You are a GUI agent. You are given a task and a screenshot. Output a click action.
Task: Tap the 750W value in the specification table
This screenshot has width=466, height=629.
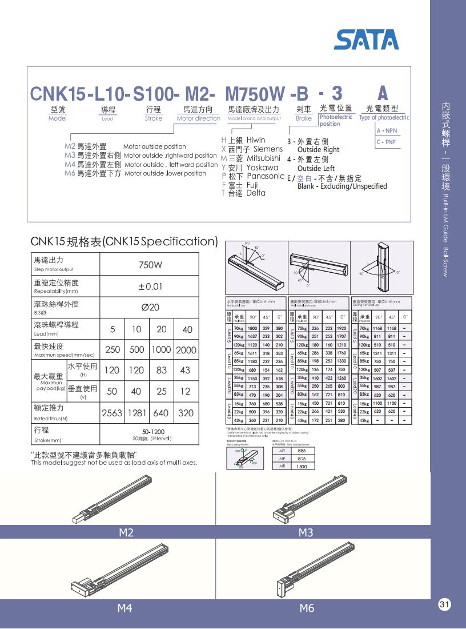tap(151, 265)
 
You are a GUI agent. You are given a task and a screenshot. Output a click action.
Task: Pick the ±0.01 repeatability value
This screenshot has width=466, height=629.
tap(151, 286)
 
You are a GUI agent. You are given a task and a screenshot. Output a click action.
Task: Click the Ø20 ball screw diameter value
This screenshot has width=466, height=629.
tap(151, 307)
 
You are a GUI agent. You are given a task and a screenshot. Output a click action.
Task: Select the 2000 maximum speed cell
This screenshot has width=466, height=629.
tap(186, 350)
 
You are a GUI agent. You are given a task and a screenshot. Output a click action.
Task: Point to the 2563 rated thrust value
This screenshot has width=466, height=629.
tap(113, 413)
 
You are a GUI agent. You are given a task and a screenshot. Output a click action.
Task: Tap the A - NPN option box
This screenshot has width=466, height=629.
tap(387, 131)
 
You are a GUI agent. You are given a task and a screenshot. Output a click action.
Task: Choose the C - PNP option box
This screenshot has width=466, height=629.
tap(387, 142)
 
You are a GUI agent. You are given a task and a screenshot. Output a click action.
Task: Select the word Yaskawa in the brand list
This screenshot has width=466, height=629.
tap(263, 168)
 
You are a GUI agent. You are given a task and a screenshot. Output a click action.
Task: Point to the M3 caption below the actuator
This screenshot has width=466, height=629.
tap(306, 533)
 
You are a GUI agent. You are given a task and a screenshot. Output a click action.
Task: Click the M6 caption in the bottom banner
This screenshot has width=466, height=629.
tap(307, 608)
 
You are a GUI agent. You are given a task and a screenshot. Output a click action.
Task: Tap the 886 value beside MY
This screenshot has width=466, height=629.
tap(302, 451)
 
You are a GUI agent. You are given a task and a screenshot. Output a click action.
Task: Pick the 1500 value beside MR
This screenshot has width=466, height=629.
tap(302, 467)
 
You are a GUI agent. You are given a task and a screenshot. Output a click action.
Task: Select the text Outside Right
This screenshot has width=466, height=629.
tap(318, 150)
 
